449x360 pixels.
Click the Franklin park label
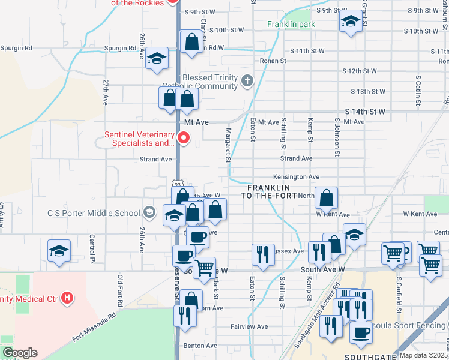[291, 25]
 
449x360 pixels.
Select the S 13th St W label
[368, 92]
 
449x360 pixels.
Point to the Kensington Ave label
[296, 177]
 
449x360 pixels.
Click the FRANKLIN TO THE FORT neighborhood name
[269, 192]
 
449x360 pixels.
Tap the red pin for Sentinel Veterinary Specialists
[185, 139]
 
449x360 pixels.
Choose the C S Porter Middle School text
[94, 212]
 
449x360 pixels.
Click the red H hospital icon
[67, 297]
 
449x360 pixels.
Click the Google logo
[20, 353]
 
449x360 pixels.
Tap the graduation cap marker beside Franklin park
[351, 23]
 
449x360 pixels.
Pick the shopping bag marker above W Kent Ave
[326, 198]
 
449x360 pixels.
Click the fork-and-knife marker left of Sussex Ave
[262, 254]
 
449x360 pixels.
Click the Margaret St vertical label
[228, 145]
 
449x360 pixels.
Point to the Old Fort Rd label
[120, 290]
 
